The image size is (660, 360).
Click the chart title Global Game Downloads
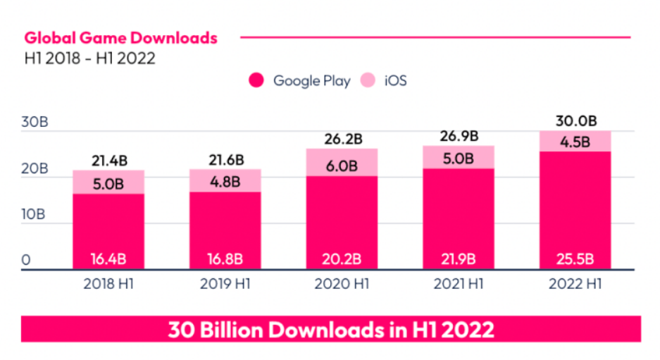[121, 38]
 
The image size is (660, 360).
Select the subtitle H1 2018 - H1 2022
[89, 58]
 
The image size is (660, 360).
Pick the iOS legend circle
[368, 80]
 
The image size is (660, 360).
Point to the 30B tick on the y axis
[35, 122]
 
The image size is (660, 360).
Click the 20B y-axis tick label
[35, 169]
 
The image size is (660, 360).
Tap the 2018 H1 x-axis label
[108, 285]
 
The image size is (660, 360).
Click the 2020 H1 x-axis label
[342, 285]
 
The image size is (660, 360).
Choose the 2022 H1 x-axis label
[575, 285]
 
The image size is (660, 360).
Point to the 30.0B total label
[575, 121]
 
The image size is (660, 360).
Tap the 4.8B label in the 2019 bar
[225, 180]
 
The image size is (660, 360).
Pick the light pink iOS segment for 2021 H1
[459, 157]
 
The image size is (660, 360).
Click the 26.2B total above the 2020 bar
[342, 139]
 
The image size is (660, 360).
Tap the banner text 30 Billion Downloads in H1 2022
[331, 329]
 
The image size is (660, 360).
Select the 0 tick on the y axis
[26, 260]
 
